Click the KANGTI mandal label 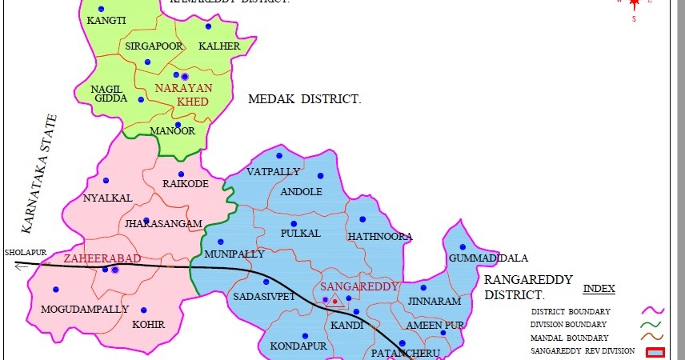coord(106,21)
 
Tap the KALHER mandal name coord(218,46)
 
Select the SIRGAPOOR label coord(148,46)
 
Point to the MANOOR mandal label coord(172,131)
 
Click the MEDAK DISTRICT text coord(304,99)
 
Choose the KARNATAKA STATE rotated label coord(41,174)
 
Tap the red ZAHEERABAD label coord(102,258)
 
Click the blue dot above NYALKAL coord(106,181)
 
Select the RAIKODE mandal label coord(185,184)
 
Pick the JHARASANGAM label coord(162,224)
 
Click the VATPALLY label coord(273,172)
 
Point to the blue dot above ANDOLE coord(320,176)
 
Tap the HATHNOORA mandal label coord(379,237)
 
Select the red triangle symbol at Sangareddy coord(334,301)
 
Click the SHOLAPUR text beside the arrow coord(22,252)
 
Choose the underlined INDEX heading coord(599,288)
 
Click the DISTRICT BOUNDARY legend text coord(571,310)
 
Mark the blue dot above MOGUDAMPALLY coord(55,290)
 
